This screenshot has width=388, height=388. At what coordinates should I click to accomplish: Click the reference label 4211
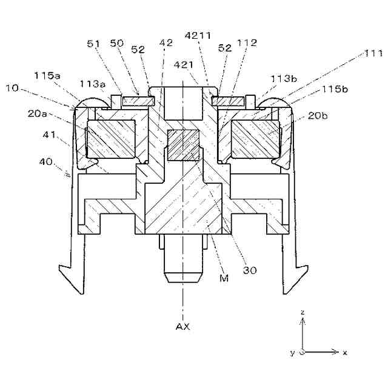pos(198,35)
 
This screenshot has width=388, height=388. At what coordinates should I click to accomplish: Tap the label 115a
pos(47,75)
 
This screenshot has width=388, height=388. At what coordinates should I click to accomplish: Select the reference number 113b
pos(284,79)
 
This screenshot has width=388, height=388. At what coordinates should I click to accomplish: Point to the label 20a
pos(37,113)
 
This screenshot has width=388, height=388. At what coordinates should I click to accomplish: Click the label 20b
pos(318,116)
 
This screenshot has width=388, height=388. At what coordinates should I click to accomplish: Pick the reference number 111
pos(373,53)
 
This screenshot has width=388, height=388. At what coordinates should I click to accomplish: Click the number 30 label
pos(250,270)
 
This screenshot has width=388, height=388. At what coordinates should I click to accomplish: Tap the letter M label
pos(224,278)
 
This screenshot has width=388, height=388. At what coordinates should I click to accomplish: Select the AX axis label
pos(182,327)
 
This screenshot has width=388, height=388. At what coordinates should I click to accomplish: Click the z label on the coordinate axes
pos(303,312)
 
